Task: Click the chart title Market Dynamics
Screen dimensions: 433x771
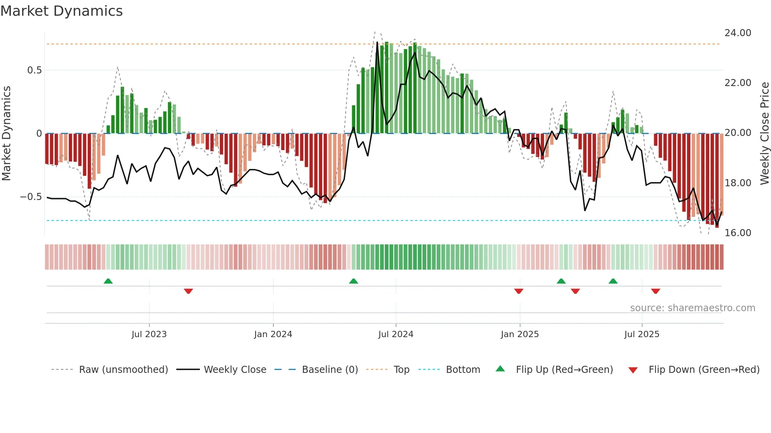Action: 61,11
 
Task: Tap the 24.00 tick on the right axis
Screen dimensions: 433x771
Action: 738,33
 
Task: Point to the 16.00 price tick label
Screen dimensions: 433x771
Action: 738,233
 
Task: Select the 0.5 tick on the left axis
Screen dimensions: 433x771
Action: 34,70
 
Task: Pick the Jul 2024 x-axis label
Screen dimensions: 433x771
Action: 396,334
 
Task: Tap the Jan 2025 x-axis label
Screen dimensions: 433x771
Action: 520,334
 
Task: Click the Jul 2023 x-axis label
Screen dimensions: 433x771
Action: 149,334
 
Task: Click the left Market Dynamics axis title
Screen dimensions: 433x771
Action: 6,134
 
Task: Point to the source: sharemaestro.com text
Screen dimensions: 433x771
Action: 692,308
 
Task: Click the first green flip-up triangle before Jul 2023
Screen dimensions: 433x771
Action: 108,281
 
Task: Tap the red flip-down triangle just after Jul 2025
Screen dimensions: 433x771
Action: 655,291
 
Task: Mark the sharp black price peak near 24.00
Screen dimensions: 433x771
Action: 377,42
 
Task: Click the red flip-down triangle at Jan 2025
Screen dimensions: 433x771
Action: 518,291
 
